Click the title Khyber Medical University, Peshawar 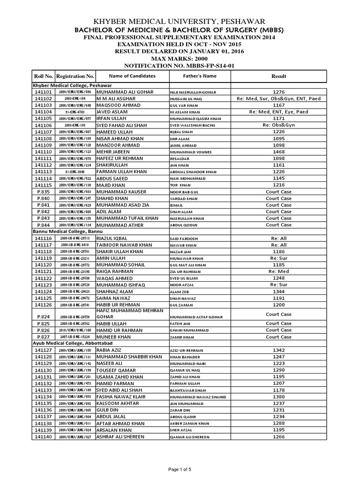pos(180,22)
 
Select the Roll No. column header pos(43,76)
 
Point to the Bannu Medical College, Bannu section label pos(67,232)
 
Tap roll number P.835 pos(43,192)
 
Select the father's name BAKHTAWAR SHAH pos(187,390)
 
